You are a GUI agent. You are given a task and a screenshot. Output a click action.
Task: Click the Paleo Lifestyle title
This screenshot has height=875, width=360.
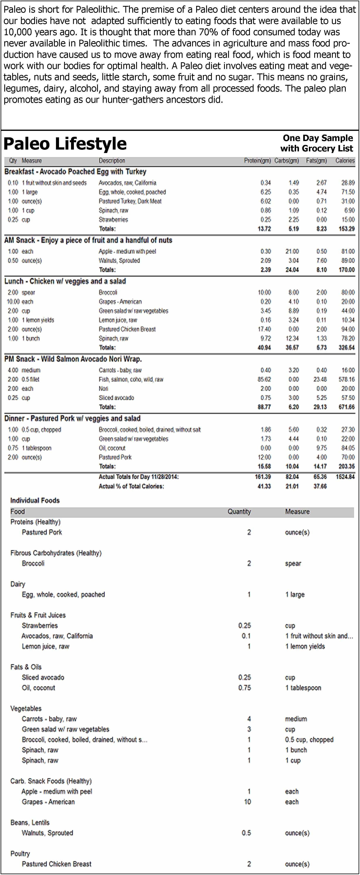(65, 144)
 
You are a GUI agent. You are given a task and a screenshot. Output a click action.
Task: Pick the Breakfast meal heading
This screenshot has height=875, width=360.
(75, 172)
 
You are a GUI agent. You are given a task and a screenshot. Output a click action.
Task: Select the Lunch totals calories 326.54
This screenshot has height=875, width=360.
(346, 348)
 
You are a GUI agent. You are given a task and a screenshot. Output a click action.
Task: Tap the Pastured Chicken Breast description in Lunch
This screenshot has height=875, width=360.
(127, 329)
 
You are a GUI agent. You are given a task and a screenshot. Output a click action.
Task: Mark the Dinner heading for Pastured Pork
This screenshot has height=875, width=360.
(72, 419)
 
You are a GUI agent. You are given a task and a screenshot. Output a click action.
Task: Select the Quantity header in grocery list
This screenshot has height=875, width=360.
(239, 512)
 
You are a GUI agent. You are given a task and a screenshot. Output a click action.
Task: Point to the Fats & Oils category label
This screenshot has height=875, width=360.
(26, 667)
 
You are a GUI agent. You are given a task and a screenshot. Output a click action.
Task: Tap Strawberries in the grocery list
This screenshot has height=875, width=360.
(40, 625)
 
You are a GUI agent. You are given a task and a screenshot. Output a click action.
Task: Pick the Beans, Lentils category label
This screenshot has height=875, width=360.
(30, 822)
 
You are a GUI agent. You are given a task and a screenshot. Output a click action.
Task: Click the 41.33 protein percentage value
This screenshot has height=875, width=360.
(264, 486)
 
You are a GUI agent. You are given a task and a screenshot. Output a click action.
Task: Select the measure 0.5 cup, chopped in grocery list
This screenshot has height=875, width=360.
(309, 739)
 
